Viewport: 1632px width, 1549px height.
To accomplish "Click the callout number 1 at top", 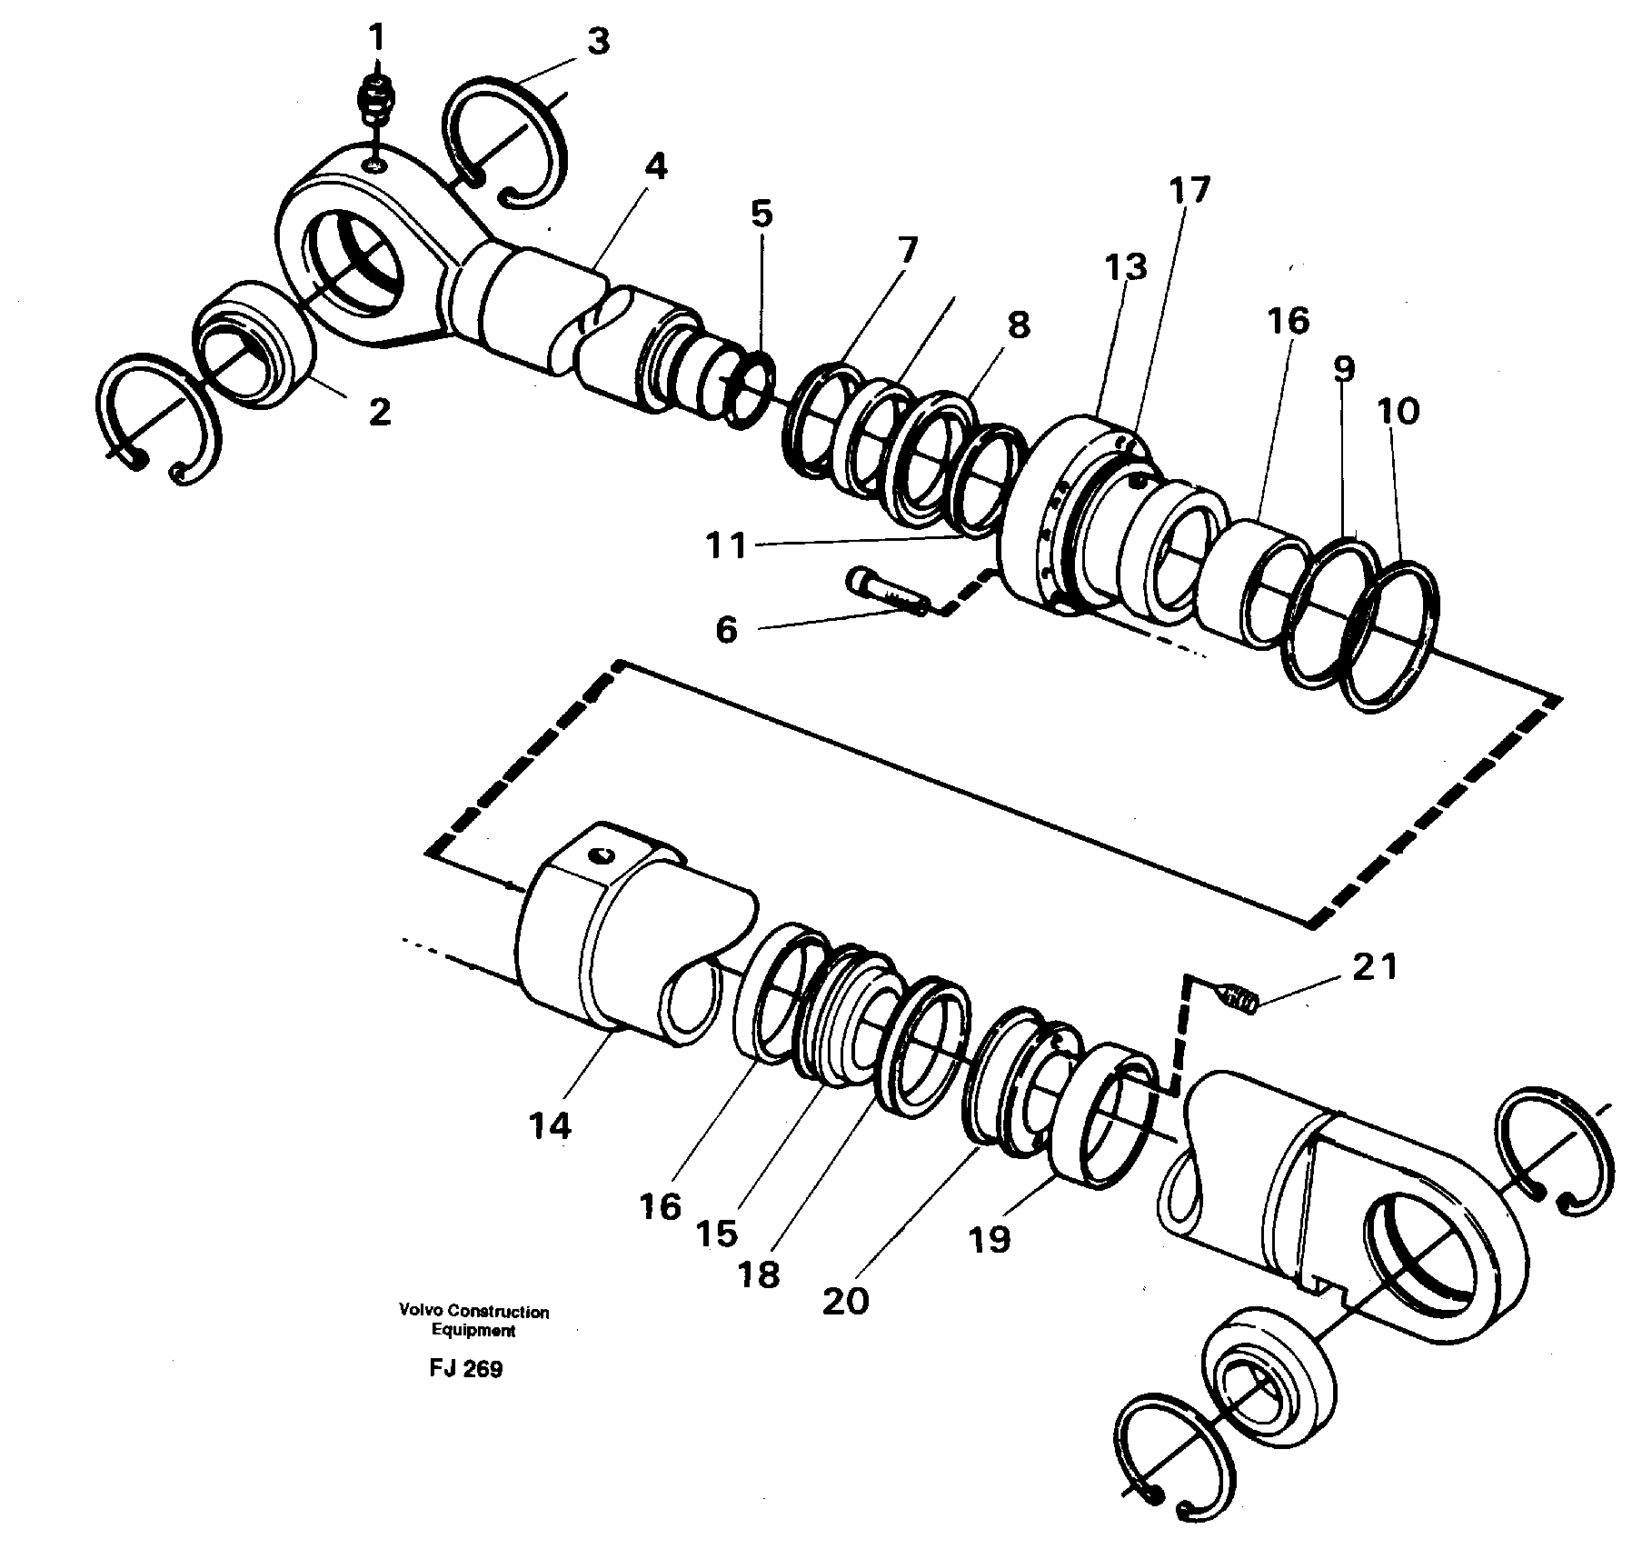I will click(x=375, y=38).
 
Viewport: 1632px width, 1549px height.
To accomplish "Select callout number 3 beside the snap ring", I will click(x=597, y=42).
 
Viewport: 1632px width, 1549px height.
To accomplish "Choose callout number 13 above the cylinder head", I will click(x=1127, y=267).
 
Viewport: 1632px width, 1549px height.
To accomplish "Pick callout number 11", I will click(x=727, y=545).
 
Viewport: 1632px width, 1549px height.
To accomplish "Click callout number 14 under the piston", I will click(x=551, y=1125).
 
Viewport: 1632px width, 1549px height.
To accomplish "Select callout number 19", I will click(x=990, y=1237).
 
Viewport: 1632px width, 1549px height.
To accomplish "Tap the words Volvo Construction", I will click(x=473, y=1312).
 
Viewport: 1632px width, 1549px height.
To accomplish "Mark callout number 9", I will click(x=1344, y=368).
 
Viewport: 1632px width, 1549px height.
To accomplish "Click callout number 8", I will click(x=1019, y=325).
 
